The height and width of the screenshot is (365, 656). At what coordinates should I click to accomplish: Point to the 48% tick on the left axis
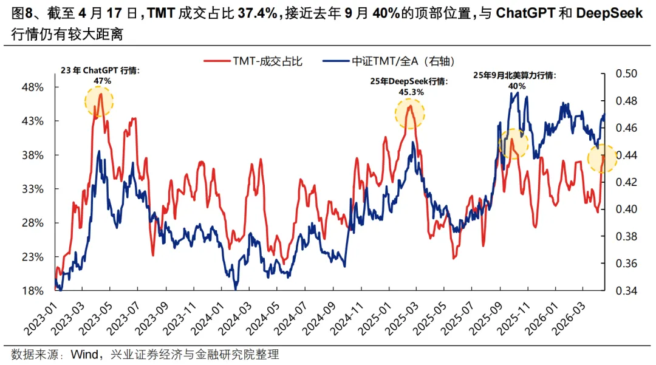point(32,87)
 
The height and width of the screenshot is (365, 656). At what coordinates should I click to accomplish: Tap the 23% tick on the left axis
point(32,257)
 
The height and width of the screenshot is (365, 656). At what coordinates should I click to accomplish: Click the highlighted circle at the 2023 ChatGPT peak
point(99,101)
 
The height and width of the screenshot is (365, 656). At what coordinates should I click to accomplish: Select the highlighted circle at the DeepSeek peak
point(411,113)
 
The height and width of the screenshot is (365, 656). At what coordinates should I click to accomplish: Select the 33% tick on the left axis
point(32,189)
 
